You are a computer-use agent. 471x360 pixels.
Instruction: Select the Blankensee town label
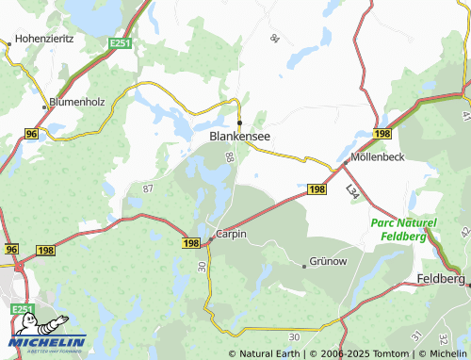click(x=239, y=137)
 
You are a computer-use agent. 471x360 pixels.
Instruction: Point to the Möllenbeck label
click(x=377, y=157)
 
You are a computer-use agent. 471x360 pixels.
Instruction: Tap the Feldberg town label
click(x=440, y=280)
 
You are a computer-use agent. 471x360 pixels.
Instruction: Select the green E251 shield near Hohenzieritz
click(x=119, y=42)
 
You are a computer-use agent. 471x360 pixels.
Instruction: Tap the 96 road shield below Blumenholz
click(x=32, y=135)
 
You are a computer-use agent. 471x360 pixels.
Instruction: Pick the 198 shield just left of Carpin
click(x=191, y=243)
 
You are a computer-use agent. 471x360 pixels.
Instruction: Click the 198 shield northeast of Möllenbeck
click(x=382, y=136)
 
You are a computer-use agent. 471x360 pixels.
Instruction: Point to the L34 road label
click(x=351, y=191)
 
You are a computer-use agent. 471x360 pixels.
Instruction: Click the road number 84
click(x=274, y=39)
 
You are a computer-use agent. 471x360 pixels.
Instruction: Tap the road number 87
click(x=147, y=189)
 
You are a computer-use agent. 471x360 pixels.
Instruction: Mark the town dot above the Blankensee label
click(x=239, y=123)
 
